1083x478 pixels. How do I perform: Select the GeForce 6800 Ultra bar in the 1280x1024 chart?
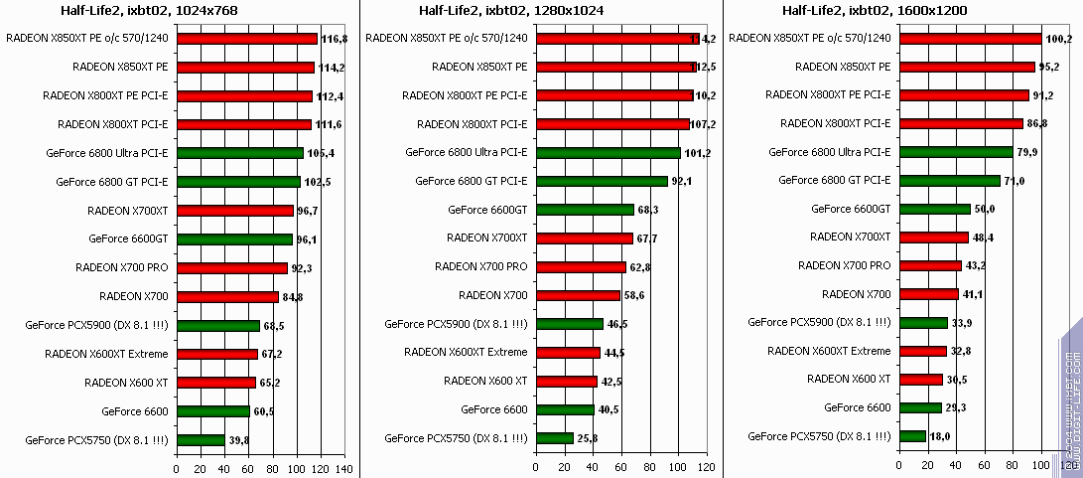608,153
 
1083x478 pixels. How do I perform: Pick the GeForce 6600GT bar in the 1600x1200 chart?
934,210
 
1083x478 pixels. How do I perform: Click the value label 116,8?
334,39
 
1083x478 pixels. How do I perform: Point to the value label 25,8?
590,438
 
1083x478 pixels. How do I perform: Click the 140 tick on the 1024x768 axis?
343,469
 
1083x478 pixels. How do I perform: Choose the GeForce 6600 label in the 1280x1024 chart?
493,409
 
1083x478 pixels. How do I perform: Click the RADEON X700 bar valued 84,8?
227,296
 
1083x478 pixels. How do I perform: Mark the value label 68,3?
650,210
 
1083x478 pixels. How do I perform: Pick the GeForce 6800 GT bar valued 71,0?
949,182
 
